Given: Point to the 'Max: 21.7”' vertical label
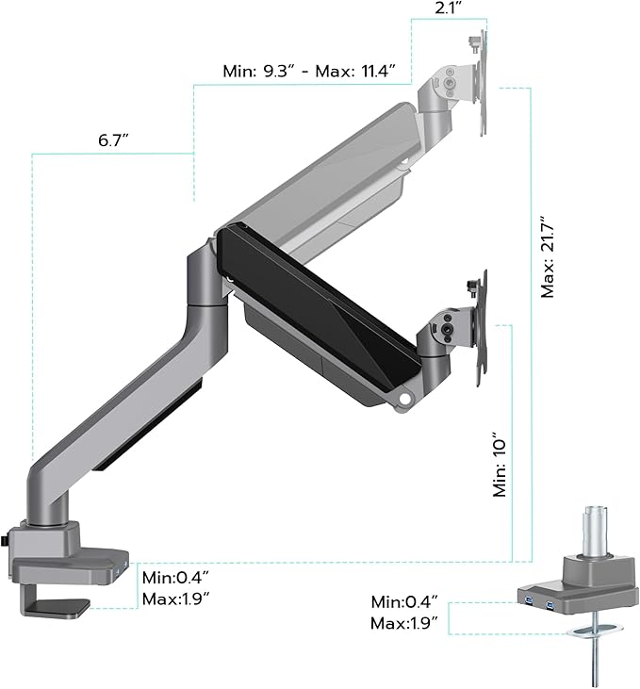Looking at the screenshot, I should [x=549, y=254].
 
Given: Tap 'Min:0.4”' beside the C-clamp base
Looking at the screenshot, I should [x=174, y=578].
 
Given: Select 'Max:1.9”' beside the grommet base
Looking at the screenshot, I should [x=404, y=622].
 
